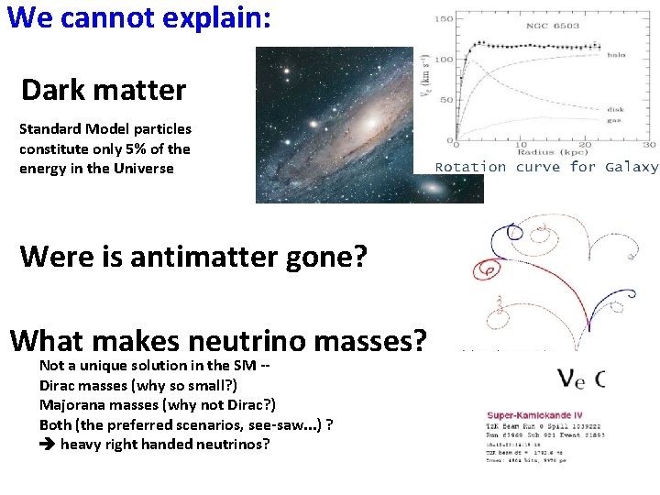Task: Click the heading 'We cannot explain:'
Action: [138, 17]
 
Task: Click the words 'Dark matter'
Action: [104, 91]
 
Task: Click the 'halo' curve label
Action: [616, 55]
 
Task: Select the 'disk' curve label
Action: [616, 110]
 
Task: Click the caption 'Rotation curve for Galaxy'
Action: [546, 167]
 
